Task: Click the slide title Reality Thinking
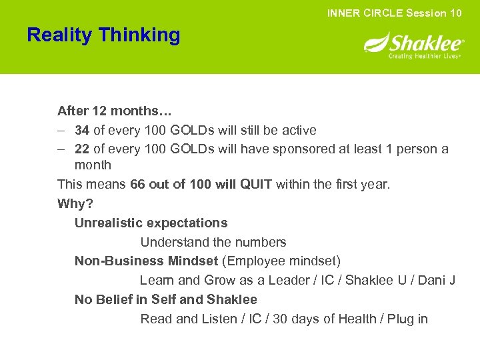coord(103,35)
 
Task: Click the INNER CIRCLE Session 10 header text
coord(394,13)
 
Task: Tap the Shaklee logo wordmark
coord(414,43)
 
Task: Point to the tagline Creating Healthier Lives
coord(424,57)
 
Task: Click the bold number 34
coord(82,130)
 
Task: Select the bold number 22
coord(82,149)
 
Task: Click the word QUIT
coord(254,184)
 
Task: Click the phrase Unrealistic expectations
coord(151,223)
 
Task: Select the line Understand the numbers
coord(213,242)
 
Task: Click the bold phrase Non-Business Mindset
coord(146,261)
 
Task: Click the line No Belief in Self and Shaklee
coord(165,300)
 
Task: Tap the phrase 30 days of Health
coord(314,319)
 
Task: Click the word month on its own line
coord(93,165)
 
